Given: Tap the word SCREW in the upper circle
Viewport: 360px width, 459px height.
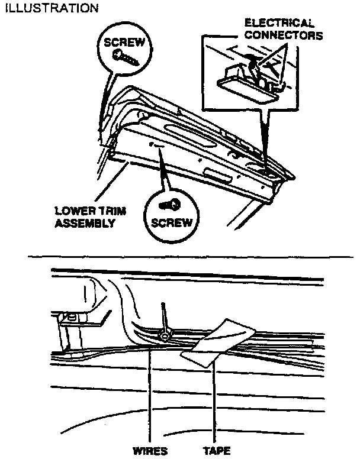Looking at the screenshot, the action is point(124,43).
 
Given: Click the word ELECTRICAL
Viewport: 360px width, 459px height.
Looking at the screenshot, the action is point(280,23).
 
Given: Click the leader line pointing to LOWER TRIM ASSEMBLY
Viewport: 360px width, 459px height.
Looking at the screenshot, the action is point(112,186).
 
